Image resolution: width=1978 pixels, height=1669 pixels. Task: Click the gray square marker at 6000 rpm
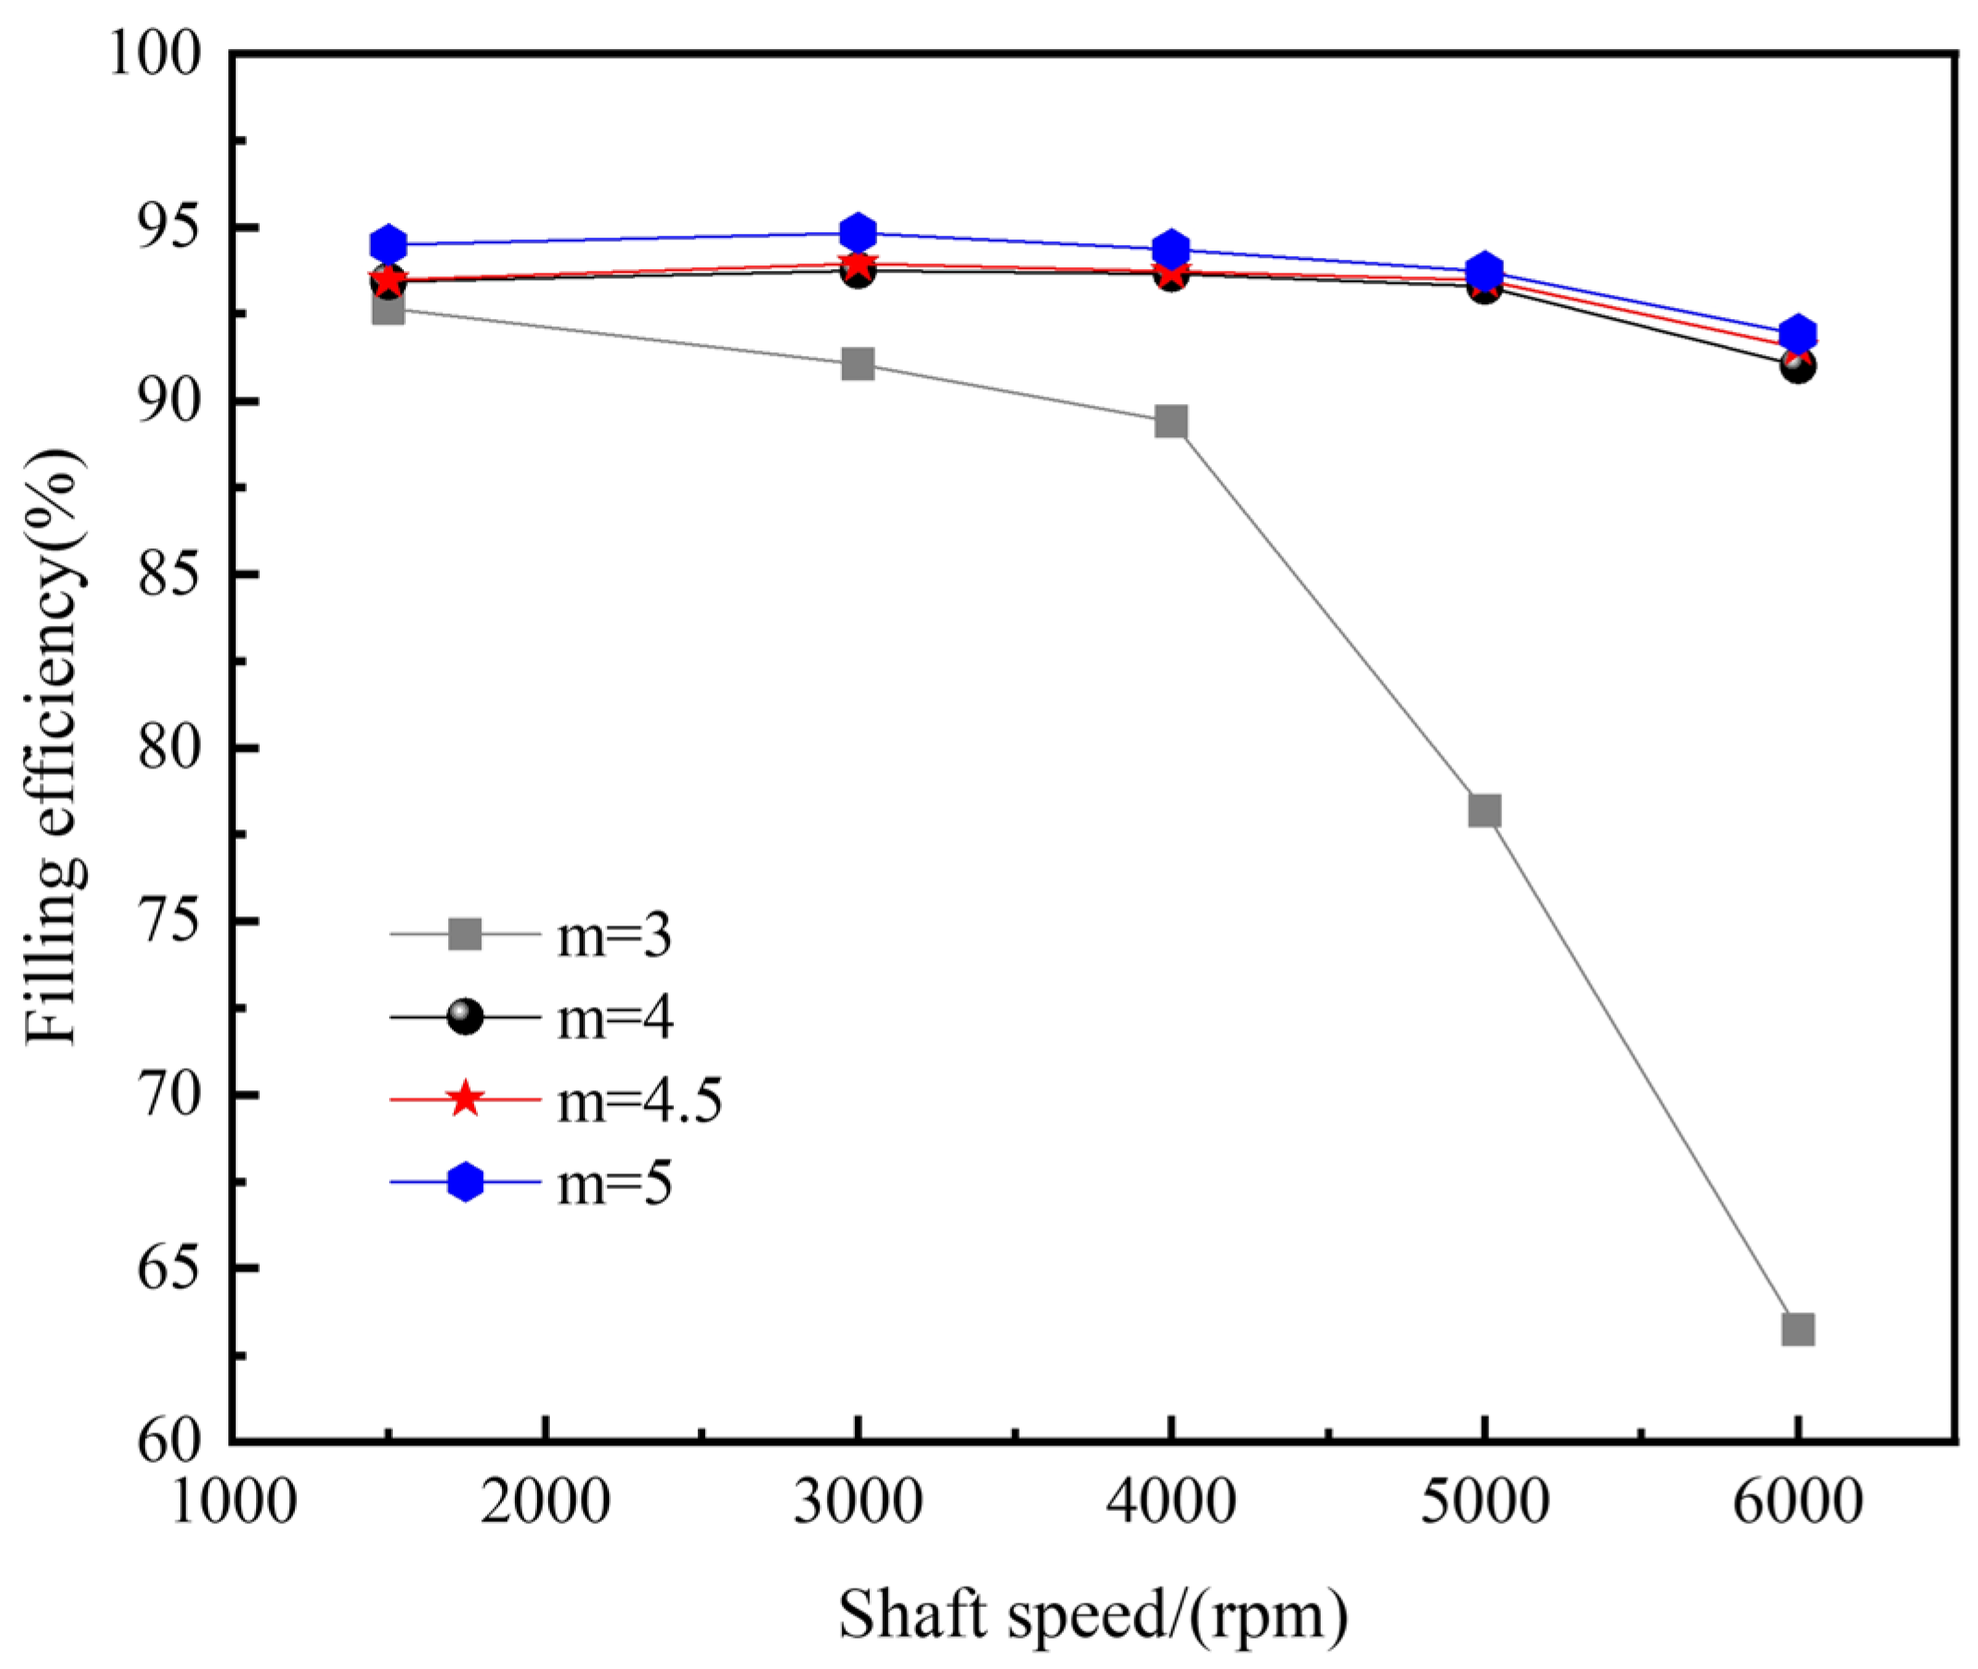[x=1797, y=1330]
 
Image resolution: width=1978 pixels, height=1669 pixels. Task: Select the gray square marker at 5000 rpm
[x=1484, y=810]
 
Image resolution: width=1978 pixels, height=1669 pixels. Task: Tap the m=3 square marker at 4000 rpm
[x=1171, y=421]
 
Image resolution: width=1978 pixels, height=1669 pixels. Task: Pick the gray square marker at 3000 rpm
[x=858, y=363]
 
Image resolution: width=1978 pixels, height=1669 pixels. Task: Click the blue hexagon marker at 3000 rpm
[x=858, y=232]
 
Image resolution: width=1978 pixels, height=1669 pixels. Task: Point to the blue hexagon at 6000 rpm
[x=1798, y=333]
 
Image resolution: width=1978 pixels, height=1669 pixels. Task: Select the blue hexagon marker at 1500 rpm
[x=388, y=244]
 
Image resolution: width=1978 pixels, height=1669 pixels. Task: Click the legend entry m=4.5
[x=639, y=1099]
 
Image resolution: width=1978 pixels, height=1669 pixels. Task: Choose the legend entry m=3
[x=614, y=936]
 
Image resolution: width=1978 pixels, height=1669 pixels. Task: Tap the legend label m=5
[x=614, y=1182]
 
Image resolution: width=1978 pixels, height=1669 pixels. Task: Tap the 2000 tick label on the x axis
[x=544, y=1502]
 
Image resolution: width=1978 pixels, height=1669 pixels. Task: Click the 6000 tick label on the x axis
[x=1798, y=1502]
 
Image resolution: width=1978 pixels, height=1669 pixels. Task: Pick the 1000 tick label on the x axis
[x=234, y=1502]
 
